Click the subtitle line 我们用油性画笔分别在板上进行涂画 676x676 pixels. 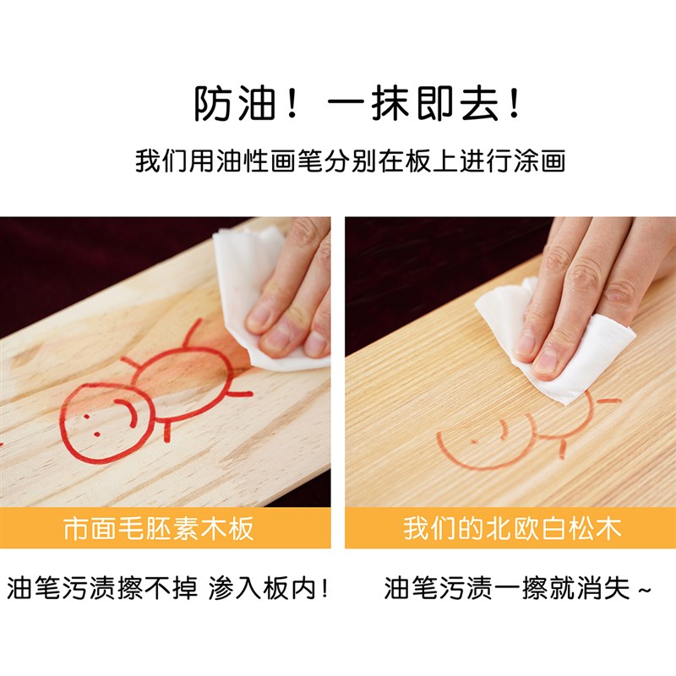click(x=350, y=161)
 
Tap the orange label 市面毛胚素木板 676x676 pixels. click(x=159, y=528)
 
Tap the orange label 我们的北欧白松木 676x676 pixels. click(x=512, y=528)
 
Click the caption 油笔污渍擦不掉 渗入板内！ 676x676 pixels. click(x=167, y=588)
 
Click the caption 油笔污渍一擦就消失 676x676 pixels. click(x=508, y=588)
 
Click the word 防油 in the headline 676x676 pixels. click(x=234, y=104)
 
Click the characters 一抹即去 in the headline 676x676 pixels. click(x=412, y=104)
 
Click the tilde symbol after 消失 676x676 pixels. click(x=644, y=590)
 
